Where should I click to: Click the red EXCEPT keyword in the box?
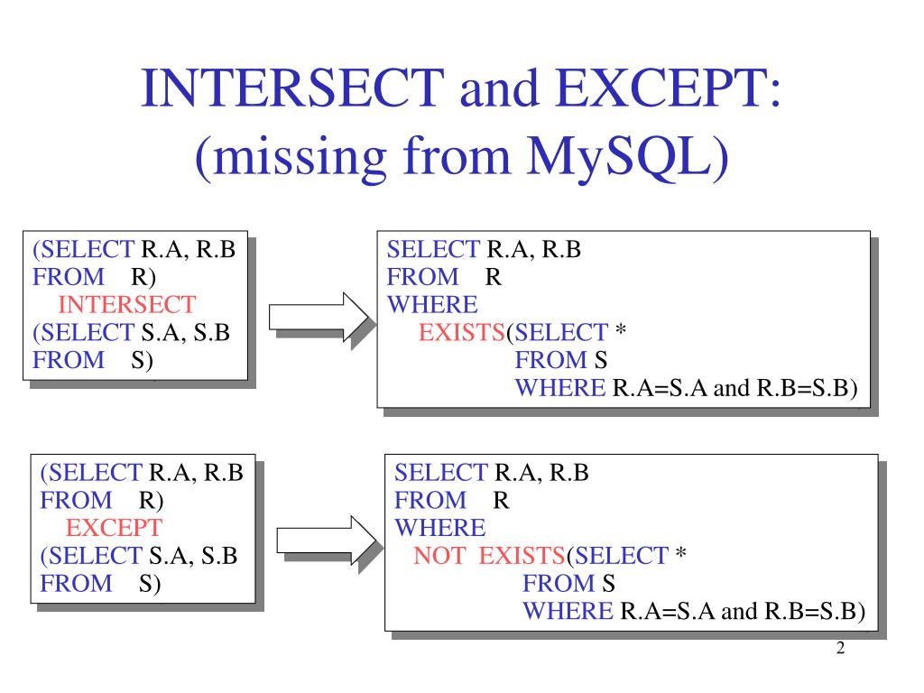click(115, 528)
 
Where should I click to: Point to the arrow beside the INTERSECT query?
click(319, 318)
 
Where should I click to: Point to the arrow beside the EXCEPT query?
click(324, 540)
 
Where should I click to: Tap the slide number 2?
click(840, 650)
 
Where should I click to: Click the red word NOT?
click(439, 556)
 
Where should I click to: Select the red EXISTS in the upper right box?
click(461, 333)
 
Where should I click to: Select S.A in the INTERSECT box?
click(159, 332)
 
